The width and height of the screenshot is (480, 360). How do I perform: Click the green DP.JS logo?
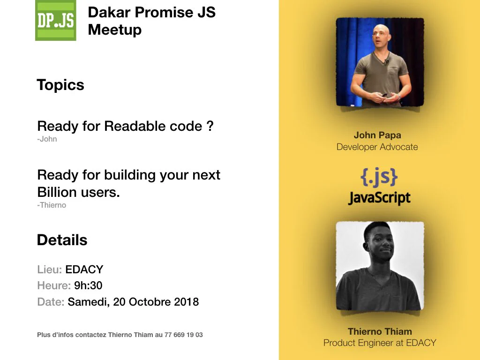[56, 20]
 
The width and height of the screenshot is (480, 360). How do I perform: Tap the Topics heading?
[60, 85]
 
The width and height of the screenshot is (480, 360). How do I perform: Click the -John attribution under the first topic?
[47, 139]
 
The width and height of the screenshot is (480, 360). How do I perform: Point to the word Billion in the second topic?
[57, 192]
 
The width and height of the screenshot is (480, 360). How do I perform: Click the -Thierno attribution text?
[52, 205]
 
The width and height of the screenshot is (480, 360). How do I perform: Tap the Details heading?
[62, 240]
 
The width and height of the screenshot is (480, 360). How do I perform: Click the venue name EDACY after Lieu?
[84, 270]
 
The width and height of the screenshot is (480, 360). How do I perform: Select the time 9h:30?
[88, 285]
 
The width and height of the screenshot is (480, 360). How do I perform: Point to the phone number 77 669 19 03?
[183, 335]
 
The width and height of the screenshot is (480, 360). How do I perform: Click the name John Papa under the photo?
[377, 135]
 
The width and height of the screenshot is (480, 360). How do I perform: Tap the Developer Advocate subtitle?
[377, 147]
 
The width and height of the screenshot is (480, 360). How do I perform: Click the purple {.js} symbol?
[379, 177]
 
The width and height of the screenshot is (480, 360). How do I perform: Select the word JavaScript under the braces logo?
[379, 197]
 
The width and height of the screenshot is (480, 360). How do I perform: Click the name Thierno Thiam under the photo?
[380, 331]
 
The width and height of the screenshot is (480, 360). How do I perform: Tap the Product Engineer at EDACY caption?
[380, 343]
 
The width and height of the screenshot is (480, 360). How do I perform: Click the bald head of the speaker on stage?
[381, 33]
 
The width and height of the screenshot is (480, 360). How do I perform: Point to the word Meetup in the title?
[115, 30]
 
